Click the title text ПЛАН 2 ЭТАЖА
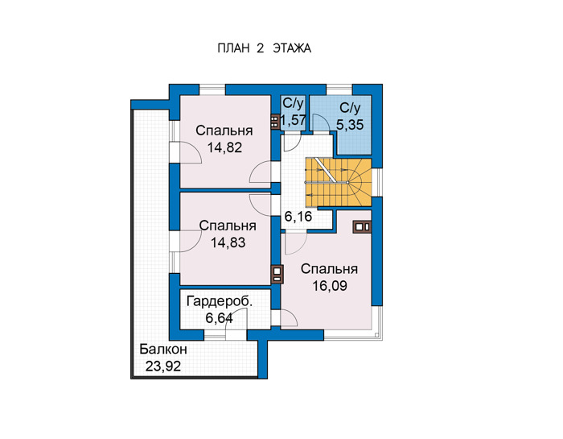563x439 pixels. (x=264, y=48)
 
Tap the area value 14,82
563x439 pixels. (x=224, y=147)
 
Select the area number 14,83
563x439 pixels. (x=228, y=242)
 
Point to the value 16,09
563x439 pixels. (x=330, y=286)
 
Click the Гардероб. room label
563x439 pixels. (x=220, y=301)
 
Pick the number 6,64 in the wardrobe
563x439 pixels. (x=219, y=318)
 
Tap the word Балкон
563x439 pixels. (x=163, y=349)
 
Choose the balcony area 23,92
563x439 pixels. (x=163, y=367)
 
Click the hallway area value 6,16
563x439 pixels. (x=298, y=217)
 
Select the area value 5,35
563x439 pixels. (x=350, y=125)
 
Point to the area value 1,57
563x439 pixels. (x=294, y=120)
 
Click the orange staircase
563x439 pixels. (x=339, y=182)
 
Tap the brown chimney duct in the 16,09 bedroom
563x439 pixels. (x=362, y=227)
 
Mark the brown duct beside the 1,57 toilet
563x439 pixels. (x=275, y=122)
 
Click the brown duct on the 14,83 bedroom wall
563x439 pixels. (x=277, y=274)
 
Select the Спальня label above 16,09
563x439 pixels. (x=329, y=269)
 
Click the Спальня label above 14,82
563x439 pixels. (x=224, y=130)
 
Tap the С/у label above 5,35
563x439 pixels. (x=350, y=108)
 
